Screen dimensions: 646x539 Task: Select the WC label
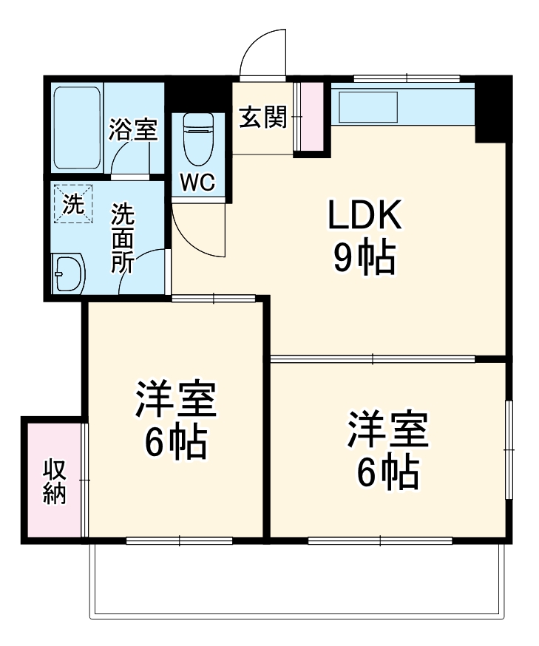(197, 183)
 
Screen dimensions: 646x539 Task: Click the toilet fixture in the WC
(197, 138)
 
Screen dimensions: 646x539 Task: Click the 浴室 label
(132, 130)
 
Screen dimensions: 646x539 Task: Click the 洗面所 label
(122, 239)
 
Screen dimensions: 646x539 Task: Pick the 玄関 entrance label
(262, 117)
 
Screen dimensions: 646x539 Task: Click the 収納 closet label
(55, 481)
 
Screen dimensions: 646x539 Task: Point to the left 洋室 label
(174, 403)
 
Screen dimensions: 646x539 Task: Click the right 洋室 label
(388, 432)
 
